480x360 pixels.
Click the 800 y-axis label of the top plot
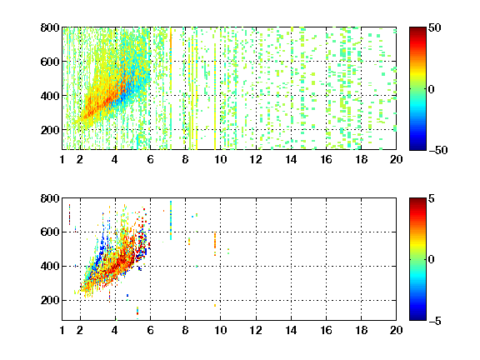(x=50, y=27)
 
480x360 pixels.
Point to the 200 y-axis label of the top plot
(x=50, y=130)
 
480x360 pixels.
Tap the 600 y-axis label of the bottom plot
(x=50, y=232)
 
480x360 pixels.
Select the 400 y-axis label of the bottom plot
(x=50, y=266)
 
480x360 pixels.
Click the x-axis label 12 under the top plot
(x=256, y=159)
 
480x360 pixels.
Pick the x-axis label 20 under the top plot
(x=396, y=159)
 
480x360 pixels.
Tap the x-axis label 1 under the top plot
(x=62, y=159)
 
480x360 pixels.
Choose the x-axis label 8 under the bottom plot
(x=185, y=330)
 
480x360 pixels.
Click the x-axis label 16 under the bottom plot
(x=327, y=330)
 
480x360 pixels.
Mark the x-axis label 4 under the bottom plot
(x=115, y=330)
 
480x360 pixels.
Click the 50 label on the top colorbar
(x=435, y=27)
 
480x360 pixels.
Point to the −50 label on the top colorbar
(x=437, y=150)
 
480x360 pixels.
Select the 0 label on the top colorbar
(x=432, y=89)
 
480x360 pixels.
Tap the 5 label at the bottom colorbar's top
(x=432, y=198)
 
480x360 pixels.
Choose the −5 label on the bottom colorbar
(x=435, y=321)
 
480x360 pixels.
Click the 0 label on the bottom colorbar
(x=432, y=260)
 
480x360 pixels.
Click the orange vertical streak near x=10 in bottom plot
(x=215, y=244)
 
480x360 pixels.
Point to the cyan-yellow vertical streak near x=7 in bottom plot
(x=171, y=220)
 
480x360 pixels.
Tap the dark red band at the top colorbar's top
(x=417, y=31)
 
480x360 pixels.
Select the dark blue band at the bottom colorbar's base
(x=417, y=317)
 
